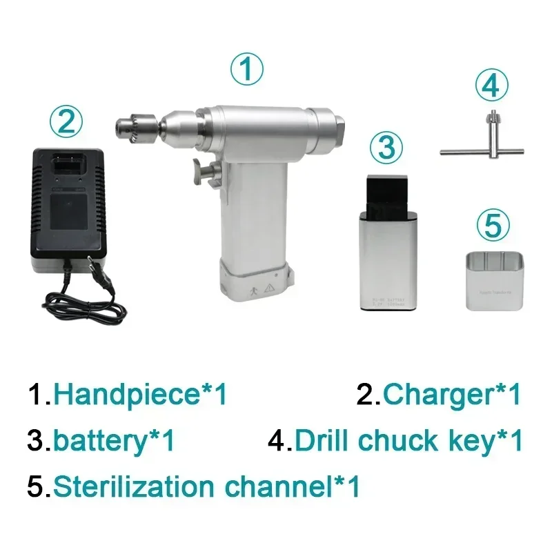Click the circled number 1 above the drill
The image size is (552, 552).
click(246, 70)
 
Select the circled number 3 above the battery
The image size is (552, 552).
click(387, 146)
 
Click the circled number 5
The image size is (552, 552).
click(493, 224)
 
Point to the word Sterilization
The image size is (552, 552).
click(139, 486)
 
